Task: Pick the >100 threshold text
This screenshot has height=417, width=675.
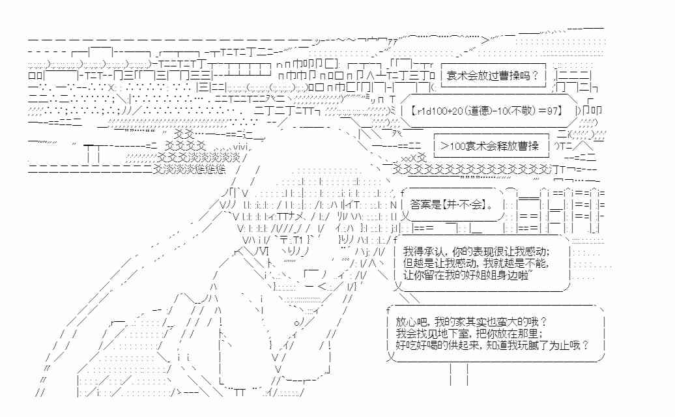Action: click(x=451, y=146)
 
